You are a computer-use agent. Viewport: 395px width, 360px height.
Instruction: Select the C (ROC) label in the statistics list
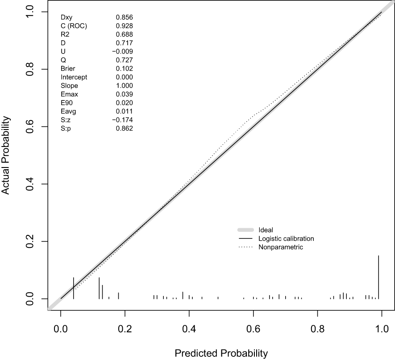[x=74, y=26]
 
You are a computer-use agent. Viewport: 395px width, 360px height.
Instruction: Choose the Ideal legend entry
[x=266, y=230]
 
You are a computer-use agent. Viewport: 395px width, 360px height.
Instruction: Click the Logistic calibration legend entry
[x=286, y=239]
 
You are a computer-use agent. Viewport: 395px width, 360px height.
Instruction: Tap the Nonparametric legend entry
[x=281, y=247]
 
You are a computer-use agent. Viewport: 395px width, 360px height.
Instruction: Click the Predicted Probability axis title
[x=221, y=353]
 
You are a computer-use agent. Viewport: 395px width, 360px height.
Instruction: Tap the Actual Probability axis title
[x=6, y=155]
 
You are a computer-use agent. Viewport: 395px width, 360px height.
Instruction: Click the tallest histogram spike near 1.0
[x=378, y=277]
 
